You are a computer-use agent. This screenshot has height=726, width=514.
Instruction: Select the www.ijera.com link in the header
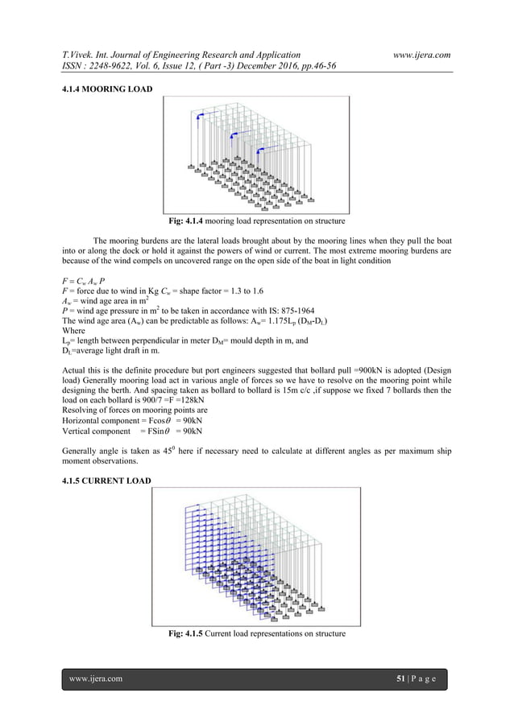coord(421,54)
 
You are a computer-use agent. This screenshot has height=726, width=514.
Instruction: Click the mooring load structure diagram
coord(256,155)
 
